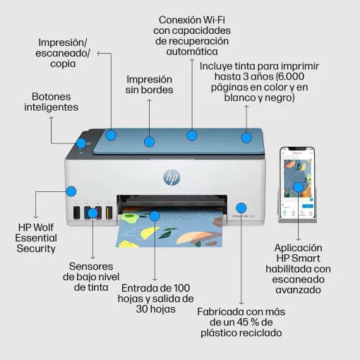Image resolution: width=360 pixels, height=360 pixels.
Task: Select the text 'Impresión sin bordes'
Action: coord(150,85)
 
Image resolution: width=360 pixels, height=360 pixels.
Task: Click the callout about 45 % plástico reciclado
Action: coord(240,321)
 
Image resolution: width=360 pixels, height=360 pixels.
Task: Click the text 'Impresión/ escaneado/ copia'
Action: coord(64,53)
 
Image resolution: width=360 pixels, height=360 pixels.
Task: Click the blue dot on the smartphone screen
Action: coord(299,187)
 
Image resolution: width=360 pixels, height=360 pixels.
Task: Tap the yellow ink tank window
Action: coord(109,212)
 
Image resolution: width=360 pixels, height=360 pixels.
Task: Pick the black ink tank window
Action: coord(76,212)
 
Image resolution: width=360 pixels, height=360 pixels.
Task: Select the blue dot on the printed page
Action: coord(155,216)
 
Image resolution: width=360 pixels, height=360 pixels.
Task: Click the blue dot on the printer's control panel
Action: coord(81,143)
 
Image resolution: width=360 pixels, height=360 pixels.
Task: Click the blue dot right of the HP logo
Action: coord(241,208)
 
